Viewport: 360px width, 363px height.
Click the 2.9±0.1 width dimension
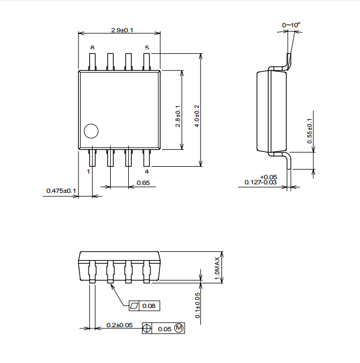point(122,30)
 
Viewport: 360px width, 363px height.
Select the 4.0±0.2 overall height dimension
point(197,116)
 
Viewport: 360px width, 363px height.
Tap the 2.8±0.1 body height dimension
point(178,116)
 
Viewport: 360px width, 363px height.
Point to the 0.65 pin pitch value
point(143,183)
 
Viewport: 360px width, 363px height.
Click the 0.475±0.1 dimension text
point(61,191)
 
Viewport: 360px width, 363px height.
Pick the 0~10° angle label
point(291,25)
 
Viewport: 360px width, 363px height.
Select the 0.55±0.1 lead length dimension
point(309,131)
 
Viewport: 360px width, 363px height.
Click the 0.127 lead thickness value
point(252,183)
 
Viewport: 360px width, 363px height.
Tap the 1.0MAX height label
point(217,268)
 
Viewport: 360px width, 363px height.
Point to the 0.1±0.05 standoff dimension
point(198,305)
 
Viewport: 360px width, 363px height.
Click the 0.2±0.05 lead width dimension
point(119,325)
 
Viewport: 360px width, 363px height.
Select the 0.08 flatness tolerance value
point(149,306)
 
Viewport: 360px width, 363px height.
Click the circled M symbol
point(179,328)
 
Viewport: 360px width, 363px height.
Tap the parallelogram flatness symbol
point(134,306)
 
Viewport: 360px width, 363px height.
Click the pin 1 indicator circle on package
point(91,131)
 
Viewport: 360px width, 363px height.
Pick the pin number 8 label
point(92,48)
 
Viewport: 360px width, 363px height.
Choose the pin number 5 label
point(146,48)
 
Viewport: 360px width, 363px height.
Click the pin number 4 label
point(146,171)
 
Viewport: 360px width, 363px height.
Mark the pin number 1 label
point(89,171)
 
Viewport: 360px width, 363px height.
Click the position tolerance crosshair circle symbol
point(146,328)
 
